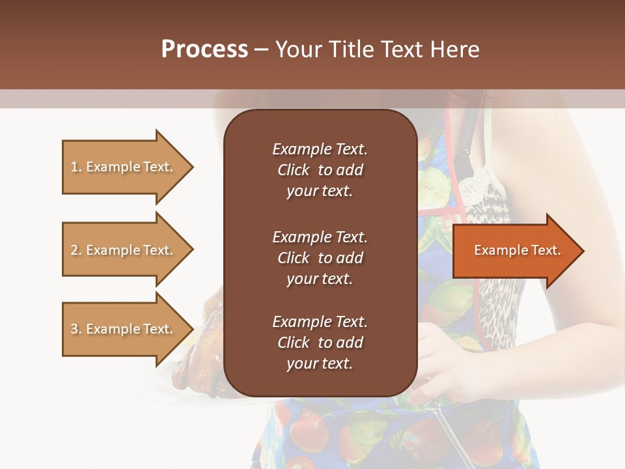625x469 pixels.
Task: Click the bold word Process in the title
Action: coord(204,50)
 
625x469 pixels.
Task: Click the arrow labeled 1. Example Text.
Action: coord(124,167)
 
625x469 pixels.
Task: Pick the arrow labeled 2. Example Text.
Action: coord(124,250)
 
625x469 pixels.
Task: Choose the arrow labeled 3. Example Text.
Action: coord(124,329)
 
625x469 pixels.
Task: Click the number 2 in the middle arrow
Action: coord(74,250)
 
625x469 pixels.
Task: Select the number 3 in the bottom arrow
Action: coord(74,329)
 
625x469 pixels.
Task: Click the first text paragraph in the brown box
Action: coord(320,170)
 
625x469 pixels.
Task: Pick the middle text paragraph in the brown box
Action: coord(320,257)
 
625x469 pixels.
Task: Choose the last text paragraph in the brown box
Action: coord(320,343)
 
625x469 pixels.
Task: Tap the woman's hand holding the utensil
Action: coord(443,365)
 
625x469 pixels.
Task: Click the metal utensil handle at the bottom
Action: coord(449,433)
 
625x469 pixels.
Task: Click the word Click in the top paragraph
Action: coord(293,170)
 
